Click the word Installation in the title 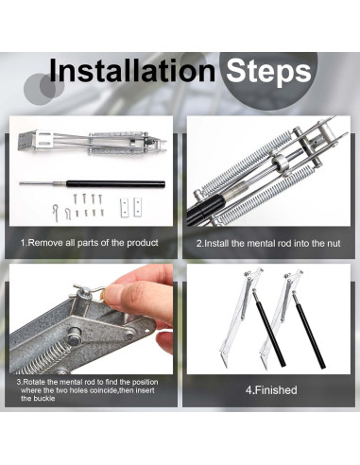(x=132, y=71)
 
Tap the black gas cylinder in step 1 (x=115, y=184)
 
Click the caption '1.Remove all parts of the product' (x=90, y=243)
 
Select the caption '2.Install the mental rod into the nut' (x=268, y=244)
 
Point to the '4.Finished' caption (x=271, y=390)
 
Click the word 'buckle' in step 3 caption (x=38, y=399)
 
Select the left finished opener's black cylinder (x=268, y=329)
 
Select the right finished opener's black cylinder (x=309, y=330)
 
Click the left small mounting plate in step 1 (x=125, y=207)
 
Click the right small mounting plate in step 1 (x=137, y=207)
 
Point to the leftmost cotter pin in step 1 (x=56, y=213)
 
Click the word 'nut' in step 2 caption (x=334, y=244)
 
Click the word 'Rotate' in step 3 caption (x=34, y=382)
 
